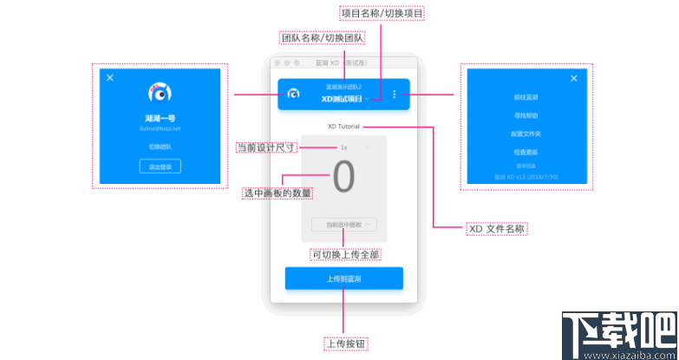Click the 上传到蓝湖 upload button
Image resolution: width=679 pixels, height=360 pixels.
pyautogui.click(x=343, y=278)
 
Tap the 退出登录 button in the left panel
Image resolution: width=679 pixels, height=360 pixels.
pyautogui.click(x=160, y=167)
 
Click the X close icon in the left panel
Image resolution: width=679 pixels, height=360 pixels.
pyautogui.click(x=110, y=78)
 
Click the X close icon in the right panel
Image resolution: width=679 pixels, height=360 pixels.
pyautogui.click(x=573, y=78)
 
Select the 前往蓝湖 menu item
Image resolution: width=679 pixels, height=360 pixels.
pyautogui.click(x=525, y=98)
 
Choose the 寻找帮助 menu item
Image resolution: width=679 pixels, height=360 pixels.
pyautogui.click(x=525, y=116)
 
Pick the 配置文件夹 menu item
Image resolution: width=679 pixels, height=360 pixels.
pyautogui.click(x=525, y=134)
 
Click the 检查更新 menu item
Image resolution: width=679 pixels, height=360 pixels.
pyautogui.click(x=525, y=153)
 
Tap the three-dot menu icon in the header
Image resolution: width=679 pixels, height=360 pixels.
pyautogui.click(x=394, y=95)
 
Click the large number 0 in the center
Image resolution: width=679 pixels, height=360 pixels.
pyautogui.click(x=343, y=178)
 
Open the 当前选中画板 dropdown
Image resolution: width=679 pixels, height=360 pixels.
pyautogui.click(x=343, y=225)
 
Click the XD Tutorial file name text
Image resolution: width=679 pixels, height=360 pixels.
pyautogui.click(x=343, y=127)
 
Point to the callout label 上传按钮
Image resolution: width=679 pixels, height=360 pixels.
pyautogui.click(x=344, y=344)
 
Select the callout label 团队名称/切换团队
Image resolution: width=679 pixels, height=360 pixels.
pyautogui.click(x=323, y=38)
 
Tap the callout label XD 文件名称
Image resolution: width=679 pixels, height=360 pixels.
pyautogui.click(x=496, y=228)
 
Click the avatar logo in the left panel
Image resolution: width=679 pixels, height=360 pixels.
pyautogui.click(x=160, y=93)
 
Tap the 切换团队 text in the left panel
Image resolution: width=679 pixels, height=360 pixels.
pyautogui.click(x=160, y=147)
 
